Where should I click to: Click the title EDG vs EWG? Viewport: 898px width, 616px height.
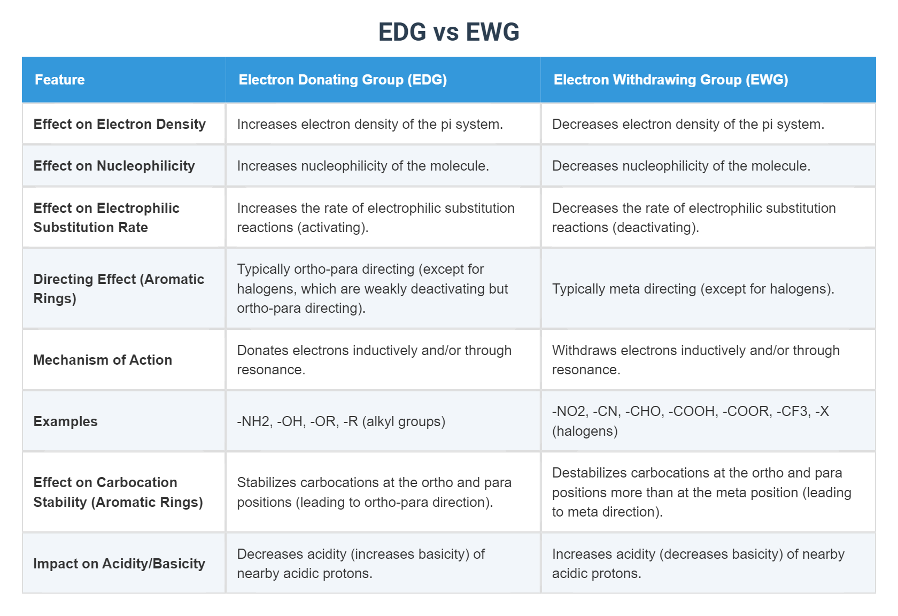pyautogui.click(x=448, y=32)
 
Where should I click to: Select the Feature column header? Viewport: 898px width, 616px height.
pyautogui.click(x=60, y=80)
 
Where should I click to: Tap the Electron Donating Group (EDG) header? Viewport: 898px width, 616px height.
pyautogui.click(x=343, y=80)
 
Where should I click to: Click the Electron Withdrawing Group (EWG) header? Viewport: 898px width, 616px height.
pyautogui.click(x=670, y=80)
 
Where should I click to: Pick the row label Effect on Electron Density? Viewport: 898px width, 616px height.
pyautogui.click(x=119, y=124)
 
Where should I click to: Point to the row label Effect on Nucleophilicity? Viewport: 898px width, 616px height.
pyautogui.click(x=114, y=166)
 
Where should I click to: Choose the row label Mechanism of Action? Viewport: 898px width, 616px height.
pyautogui.click(x=103, y=360)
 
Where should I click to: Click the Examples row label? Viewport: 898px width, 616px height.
pyautogui.click(x=65, y=421)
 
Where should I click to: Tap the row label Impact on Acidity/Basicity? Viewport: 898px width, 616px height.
pyautogui.click(x=119, y=564)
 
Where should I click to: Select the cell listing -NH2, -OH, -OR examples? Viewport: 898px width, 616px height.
pyautogui.click(x=341, y=421)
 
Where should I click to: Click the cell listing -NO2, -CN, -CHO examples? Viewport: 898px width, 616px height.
pyautogui.click(x=690, y=421)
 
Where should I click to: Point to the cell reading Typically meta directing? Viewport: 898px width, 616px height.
pyautogui.click(x=693, y=289)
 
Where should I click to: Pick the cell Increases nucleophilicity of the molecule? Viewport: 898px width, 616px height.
pyautogui.click(x=363, y=166)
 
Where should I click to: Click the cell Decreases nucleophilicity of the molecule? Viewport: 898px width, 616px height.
pyautogui.click(x=681, y=166)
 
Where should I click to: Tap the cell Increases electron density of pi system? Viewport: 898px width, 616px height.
pyautogui.click(x=370, y=124)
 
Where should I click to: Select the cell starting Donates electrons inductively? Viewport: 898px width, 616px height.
pyautogui.click(x=374, y=360)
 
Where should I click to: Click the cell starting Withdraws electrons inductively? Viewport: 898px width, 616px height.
pyautogui.click(x=695, y=360)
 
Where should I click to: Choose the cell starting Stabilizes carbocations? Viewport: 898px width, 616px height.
pyautogui.click(x=374, y=492)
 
